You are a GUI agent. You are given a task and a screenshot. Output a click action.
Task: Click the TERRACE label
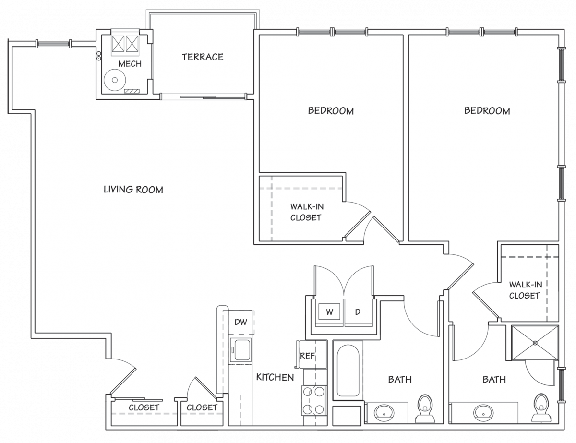point(203,57)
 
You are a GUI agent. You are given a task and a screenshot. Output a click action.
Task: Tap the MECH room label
point(130,64)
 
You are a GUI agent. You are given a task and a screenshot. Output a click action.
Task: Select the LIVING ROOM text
point(133,190)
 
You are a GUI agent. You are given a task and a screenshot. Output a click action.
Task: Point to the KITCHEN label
point(275,377)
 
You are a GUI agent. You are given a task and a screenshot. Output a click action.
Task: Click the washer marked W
point(329,312)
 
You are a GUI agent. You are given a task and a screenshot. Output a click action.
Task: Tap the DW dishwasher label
point(241,322)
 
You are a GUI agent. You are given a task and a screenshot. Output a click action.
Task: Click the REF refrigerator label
point(307,356)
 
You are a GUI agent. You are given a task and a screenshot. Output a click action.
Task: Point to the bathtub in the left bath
point(348,371)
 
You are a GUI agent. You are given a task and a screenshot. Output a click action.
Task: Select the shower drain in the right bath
point(535,343)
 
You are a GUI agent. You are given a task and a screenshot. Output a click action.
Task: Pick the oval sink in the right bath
point(484,414)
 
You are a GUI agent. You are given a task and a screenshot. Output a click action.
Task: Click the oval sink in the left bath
point(384,414)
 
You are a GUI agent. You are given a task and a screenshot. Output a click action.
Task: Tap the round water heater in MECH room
point(115,80)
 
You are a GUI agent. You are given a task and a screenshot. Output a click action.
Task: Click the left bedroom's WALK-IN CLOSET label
point(307,212)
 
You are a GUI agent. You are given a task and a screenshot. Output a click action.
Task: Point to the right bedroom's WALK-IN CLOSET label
point(526,290)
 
